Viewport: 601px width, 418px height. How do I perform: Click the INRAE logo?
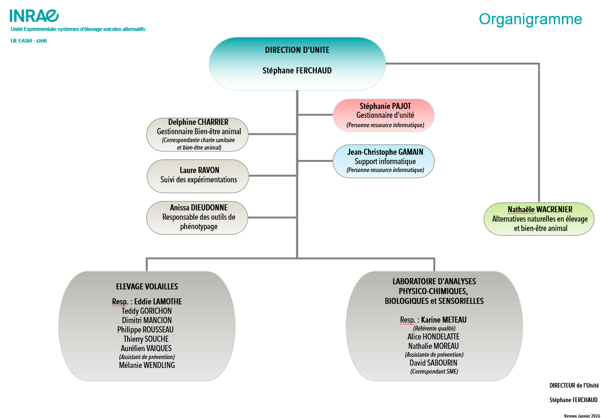pos(34,15)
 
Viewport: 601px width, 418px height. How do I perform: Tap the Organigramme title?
pos(530,19)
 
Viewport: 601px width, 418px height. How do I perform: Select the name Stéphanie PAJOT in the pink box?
pos(383,106)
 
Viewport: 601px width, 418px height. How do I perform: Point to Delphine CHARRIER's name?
pos(198,123)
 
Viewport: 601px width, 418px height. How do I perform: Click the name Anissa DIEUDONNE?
pos(199,207)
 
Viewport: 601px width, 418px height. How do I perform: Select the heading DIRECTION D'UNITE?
pos(297,50)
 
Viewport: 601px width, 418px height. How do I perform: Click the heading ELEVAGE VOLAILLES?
pos(147,287)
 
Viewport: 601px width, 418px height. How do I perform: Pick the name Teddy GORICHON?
pos(147,311)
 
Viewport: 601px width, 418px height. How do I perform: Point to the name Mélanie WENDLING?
pos(147,365)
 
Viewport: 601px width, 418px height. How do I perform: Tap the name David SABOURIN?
pos(434,363)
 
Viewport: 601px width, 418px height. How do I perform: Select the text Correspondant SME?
pos(434,372)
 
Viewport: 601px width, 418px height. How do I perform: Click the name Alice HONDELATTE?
pos(434,337)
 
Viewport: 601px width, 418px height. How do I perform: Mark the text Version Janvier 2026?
pos(581,415)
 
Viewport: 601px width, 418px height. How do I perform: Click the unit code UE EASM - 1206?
pos(29,41)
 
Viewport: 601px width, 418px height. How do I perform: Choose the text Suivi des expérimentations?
pos(199,180)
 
